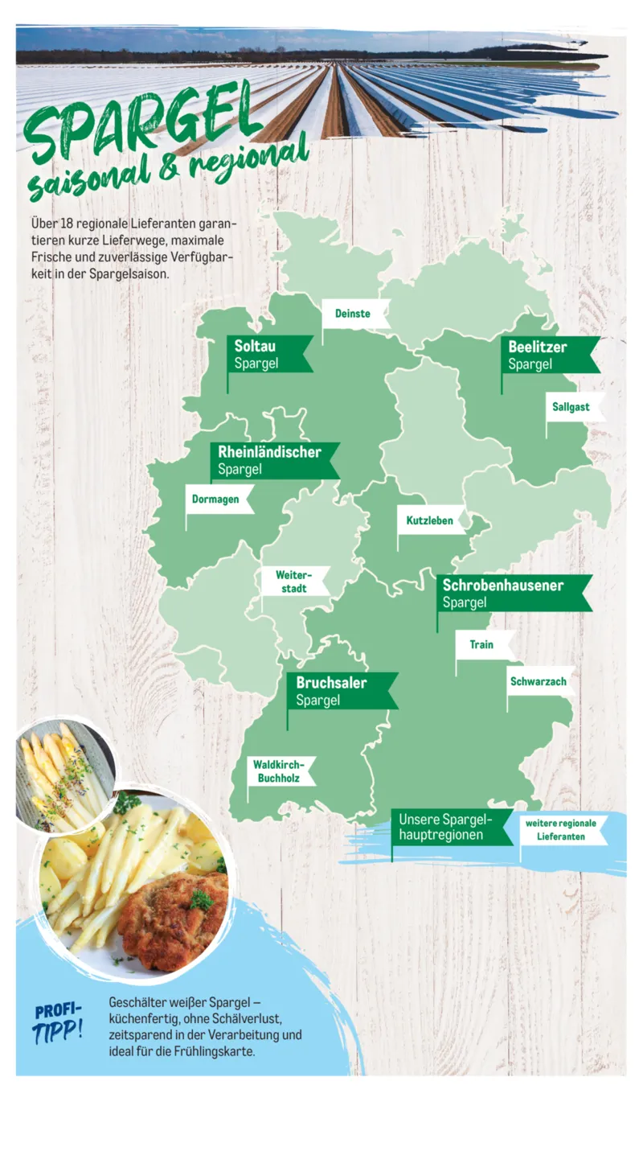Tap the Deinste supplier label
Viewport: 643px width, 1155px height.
(354, 314)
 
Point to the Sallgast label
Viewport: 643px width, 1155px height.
(571, 407)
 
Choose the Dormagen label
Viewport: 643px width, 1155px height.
(216, 499)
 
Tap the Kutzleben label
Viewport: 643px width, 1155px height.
(430, 520)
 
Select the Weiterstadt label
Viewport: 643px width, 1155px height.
(293, 582)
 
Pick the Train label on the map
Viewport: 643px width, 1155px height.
(482, 644)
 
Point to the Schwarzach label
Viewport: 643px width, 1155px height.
(539, 681)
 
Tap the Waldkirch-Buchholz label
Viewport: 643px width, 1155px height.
(278, 771)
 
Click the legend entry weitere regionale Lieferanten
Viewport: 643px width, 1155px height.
(562, 830)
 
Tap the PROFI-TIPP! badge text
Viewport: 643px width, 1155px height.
(59, 1021)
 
